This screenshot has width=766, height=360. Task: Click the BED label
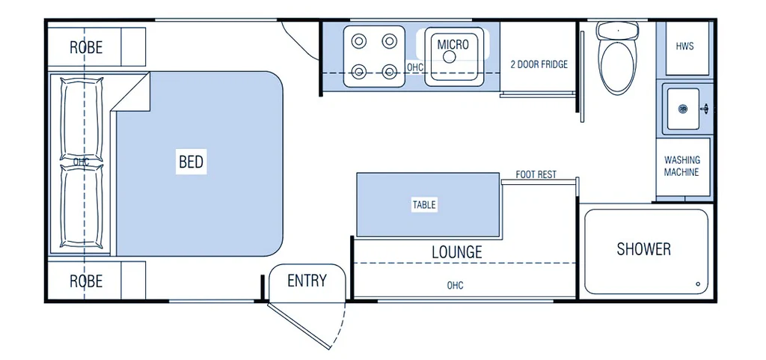[x=191, y=162]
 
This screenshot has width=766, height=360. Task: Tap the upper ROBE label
[x=86, y=47]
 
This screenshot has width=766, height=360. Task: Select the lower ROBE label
[x=86, y=282]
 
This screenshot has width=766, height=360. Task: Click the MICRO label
[x=453, y=45]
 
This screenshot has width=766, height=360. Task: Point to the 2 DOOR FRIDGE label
[x=539, y=64]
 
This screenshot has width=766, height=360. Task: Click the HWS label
[x=684, y=46]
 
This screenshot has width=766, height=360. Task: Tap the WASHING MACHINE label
[x=682, y=166]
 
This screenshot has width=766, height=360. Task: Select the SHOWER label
[x=643, y=249]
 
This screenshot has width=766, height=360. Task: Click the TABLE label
[x=423, y=204]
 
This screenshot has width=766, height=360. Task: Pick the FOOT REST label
[x=536, y=175]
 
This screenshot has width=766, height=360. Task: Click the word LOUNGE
[x=456, y=252]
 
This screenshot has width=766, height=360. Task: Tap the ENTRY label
[x=307, y=281]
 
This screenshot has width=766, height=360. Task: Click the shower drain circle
[x=697, y=284]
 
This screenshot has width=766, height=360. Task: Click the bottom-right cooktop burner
[x=389, y=72]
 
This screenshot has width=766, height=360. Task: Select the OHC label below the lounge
[x=455, y=286]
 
